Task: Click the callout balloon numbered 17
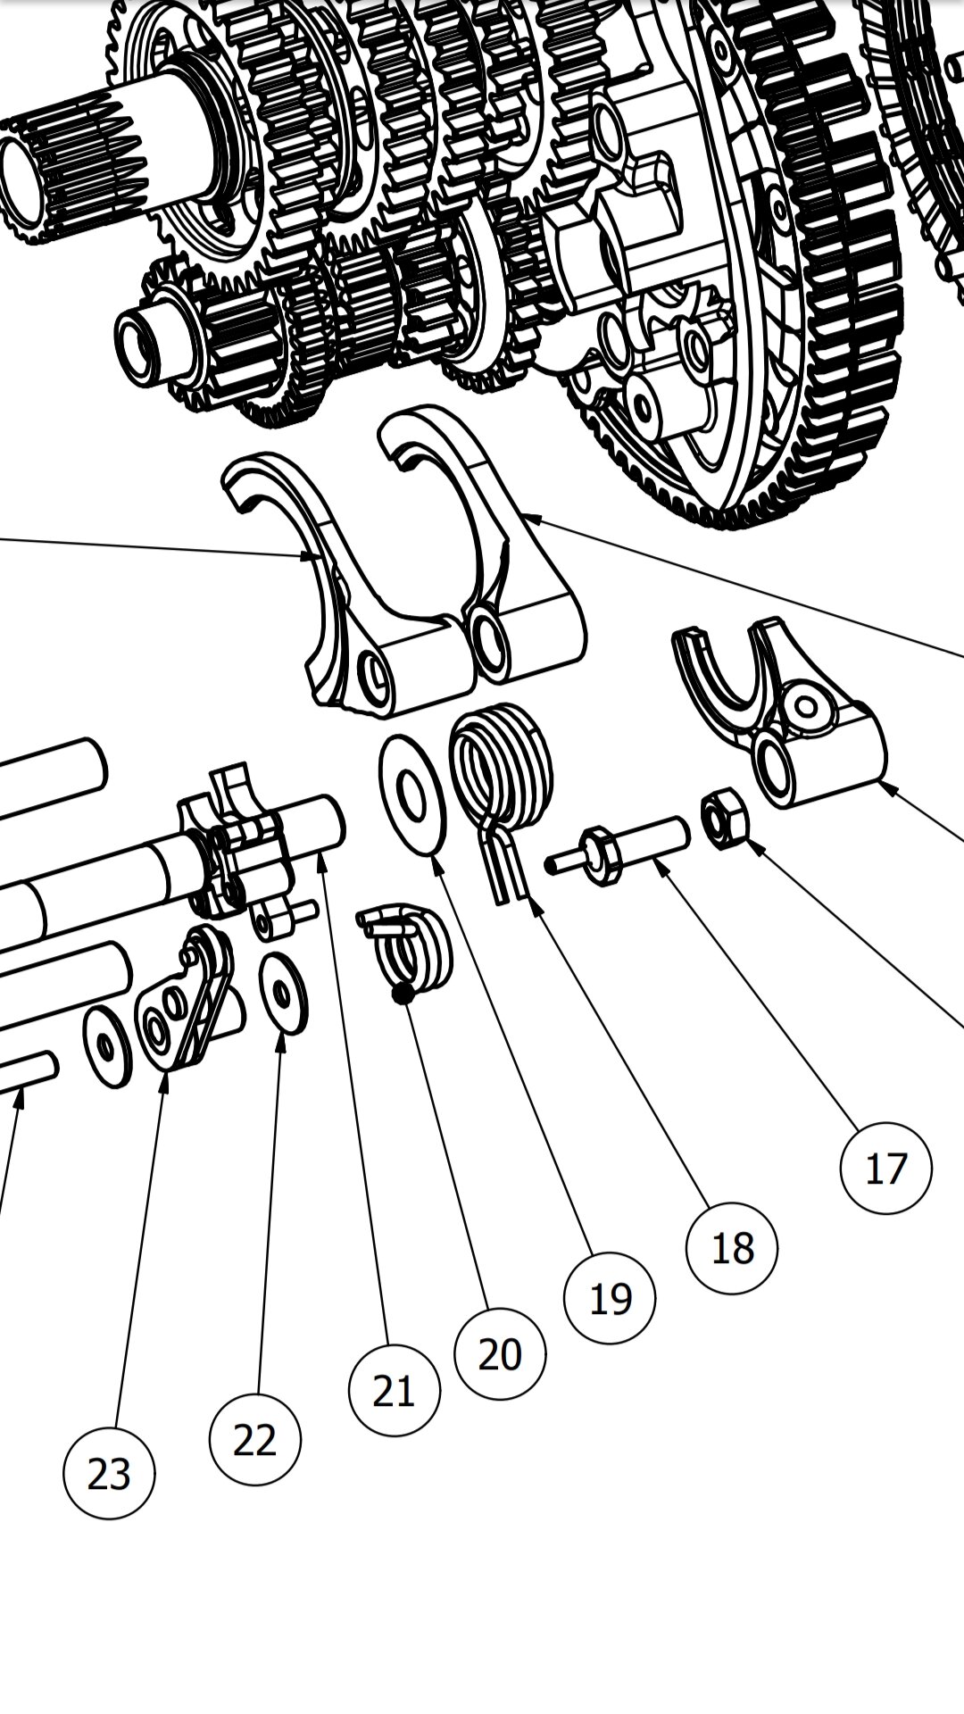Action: coord(885,1168)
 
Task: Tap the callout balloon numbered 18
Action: coord(732,1247)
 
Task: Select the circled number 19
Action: coord(610,1298)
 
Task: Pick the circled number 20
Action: coord(500,1354)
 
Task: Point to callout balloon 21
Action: coord(394,1391)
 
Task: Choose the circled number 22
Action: coord(255,1440)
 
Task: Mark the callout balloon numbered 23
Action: coord(109,1474)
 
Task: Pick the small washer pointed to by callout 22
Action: coord(283,994)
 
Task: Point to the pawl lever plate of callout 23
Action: coord(187,1000)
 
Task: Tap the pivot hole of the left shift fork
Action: coord(375,670)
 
